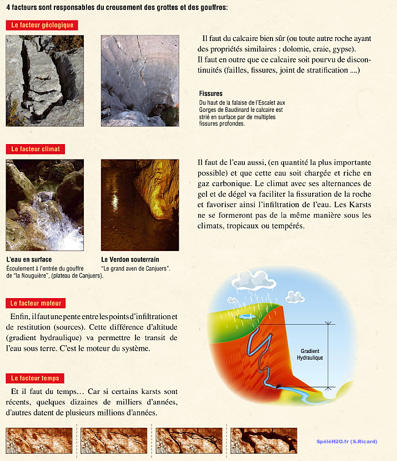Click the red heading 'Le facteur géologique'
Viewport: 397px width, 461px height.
[42, 25]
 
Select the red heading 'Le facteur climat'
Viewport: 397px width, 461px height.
[35, 149]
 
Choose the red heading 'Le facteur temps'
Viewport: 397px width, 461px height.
[35, 378]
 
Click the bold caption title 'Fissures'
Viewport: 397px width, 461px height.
[210, 94]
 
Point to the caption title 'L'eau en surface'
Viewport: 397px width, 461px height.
[29, 259]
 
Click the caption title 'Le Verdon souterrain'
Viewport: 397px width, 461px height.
[130, 259]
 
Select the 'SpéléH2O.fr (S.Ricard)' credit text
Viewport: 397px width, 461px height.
[346, 442]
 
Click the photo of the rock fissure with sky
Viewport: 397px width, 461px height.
[44, 80]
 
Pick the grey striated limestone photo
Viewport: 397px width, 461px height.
[140, 80]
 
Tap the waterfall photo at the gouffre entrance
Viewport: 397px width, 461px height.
[44, 205]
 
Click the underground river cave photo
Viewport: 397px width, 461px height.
[140, 205]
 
